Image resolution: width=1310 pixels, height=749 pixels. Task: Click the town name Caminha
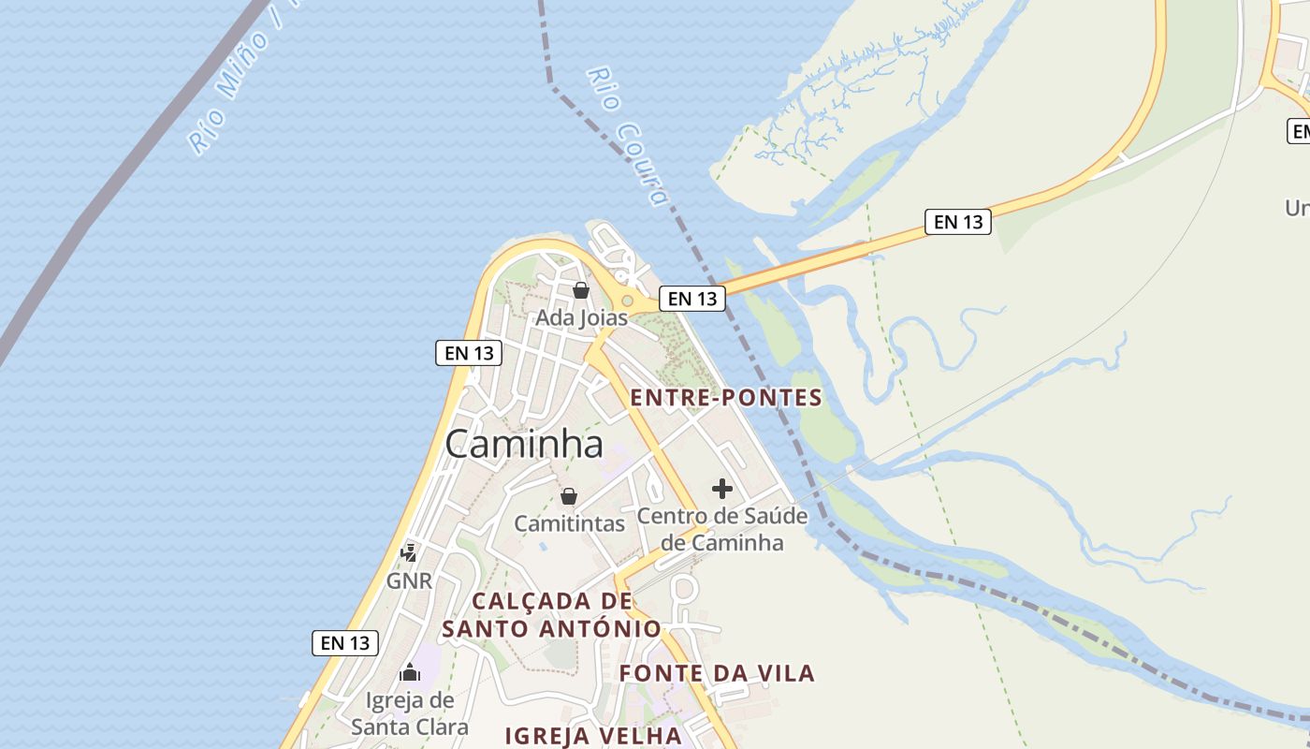pos(524,444)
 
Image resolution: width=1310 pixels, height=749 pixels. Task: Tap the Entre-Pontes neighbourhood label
pos(726,398)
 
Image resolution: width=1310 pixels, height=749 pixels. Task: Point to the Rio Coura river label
pos(630,135)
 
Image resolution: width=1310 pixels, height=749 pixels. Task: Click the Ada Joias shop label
pos(581,318)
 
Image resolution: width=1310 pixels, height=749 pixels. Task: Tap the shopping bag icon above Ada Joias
pos(581,290)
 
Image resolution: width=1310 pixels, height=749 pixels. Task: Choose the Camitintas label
pos(569,523)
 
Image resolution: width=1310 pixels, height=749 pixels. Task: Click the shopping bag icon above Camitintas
pos(569,496)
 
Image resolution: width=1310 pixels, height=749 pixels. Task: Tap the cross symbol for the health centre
pos(722,488)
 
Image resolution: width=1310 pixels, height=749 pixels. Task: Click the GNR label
pos(410,581)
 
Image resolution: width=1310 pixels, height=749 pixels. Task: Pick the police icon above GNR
pos(409,552)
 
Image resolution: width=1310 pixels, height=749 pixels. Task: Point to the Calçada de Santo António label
pos(551,615)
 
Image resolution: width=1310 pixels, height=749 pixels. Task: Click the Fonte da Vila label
pos(717,673)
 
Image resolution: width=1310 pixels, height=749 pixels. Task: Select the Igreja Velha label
pos(594,736)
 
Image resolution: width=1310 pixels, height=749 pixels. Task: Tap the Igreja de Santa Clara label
pos(410,713)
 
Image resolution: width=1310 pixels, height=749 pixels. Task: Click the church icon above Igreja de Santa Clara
pos(410,672)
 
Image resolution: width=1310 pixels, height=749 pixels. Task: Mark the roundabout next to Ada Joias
pos(628,301)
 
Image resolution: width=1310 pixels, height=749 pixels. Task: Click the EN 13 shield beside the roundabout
pos(692,299)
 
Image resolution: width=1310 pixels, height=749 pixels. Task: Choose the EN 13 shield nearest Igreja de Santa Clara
pos(345,643)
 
